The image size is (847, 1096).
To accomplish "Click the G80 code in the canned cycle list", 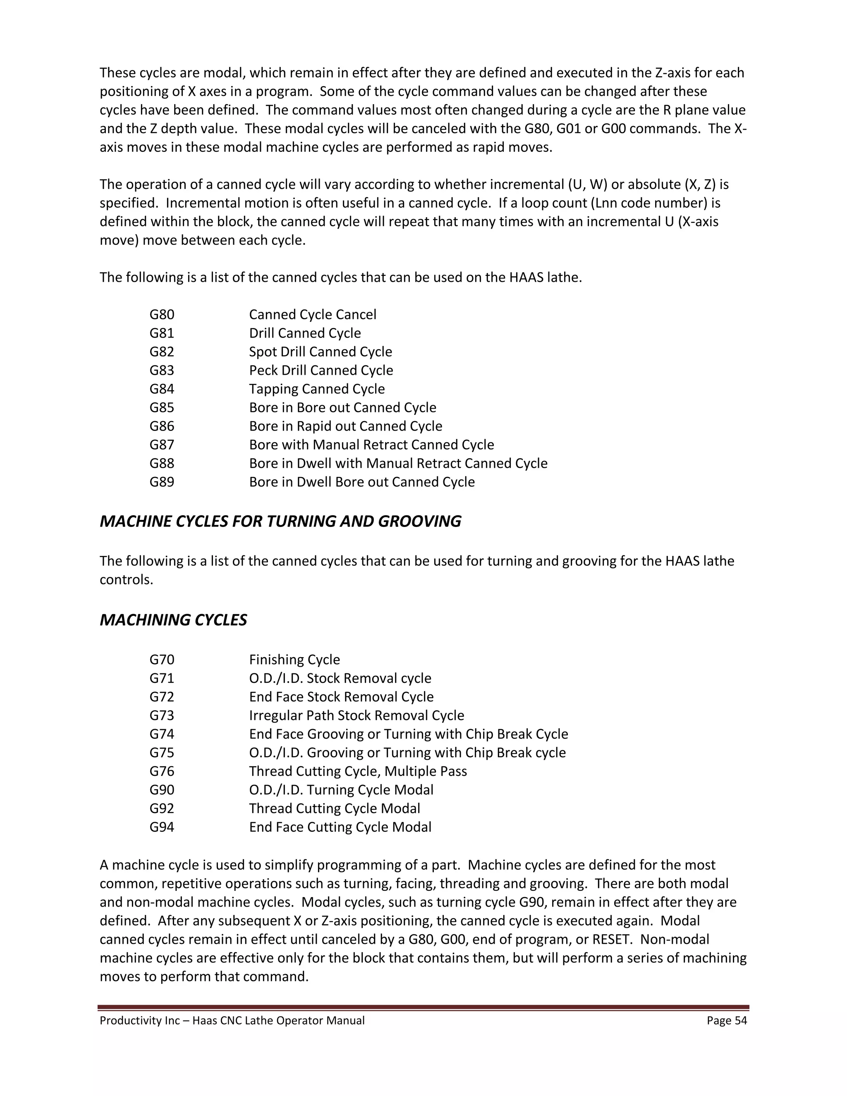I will pos(162,315).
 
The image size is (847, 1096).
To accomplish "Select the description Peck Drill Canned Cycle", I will pos(321,370).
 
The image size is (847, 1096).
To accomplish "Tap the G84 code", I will pos(162,389).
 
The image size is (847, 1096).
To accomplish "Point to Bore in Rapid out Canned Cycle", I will pos(345,426).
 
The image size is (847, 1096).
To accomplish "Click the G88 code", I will pos(162,463).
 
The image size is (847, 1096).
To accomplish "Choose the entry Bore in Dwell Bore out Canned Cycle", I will pos(361,482).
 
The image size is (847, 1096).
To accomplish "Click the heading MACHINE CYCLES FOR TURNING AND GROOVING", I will pos(280,522).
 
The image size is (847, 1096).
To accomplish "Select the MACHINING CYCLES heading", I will pos(173,620).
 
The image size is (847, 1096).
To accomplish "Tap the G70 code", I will pos(162,659).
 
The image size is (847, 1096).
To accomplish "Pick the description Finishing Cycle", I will pos(294,659).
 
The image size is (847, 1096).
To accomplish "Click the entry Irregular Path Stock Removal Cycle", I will pos(356,715).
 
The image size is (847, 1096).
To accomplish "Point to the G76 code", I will pos(162,771).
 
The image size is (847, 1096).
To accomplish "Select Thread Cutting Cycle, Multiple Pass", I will pos(358,771).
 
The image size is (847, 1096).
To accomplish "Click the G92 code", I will pos(162,809).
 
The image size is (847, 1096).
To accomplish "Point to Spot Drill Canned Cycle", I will pos(320,352).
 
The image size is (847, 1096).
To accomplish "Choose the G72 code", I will pos(162,696).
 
